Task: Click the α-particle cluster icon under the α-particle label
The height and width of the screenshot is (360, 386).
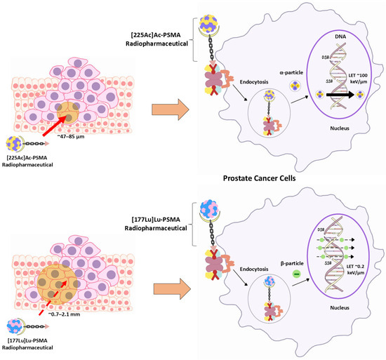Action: click(x=278, y=89)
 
